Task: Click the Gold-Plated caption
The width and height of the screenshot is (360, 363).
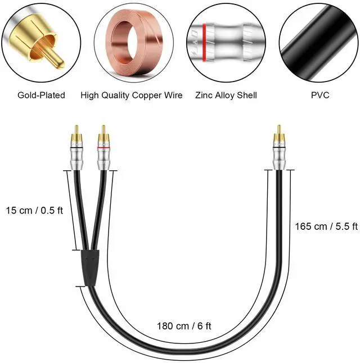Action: pyautogui.click(x=42, y=95)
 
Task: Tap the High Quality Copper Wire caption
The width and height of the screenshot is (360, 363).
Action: pyautogui.click(x=132, y=95)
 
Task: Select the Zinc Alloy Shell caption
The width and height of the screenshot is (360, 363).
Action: pyautogui.click(x=226, y=95)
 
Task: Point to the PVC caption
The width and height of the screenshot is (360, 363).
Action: pyautogui.click(x=320, y=95)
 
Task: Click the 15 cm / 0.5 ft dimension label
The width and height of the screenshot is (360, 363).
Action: pyautogui.click(x=34, y=211)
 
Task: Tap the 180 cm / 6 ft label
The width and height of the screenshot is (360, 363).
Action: pyautogui.click(x=184, y=325)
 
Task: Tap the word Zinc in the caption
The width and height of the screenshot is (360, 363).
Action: pyautogui.click(x=205, y=95)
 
